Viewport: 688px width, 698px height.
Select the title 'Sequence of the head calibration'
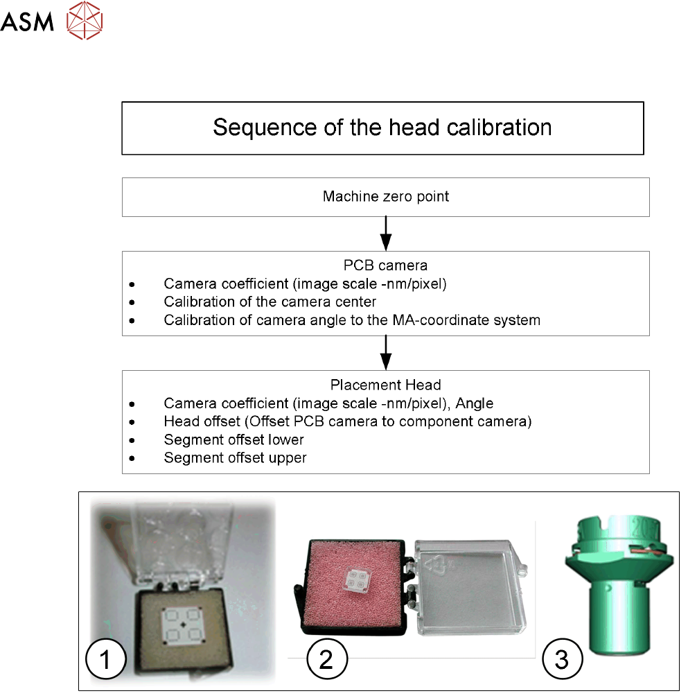[x=382, y=128]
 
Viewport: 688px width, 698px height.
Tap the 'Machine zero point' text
[x=386, y=197]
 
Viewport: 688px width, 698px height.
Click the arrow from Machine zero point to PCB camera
[x=386, y=234]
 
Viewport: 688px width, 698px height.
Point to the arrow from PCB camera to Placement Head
[x=386, y=353]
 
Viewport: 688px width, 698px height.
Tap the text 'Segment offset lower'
[x=234, y=439]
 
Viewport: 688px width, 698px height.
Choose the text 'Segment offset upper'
[x=236, y=457]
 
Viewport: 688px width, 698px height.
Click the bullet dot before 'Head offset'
[x=132, y=421]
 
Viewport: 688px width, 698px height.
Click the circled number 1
[x=105, y=659]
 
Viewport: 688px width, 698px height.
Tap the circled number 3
[x=560, y=659]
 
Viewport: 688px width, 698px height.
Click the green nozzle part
[x=612, y=596]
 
